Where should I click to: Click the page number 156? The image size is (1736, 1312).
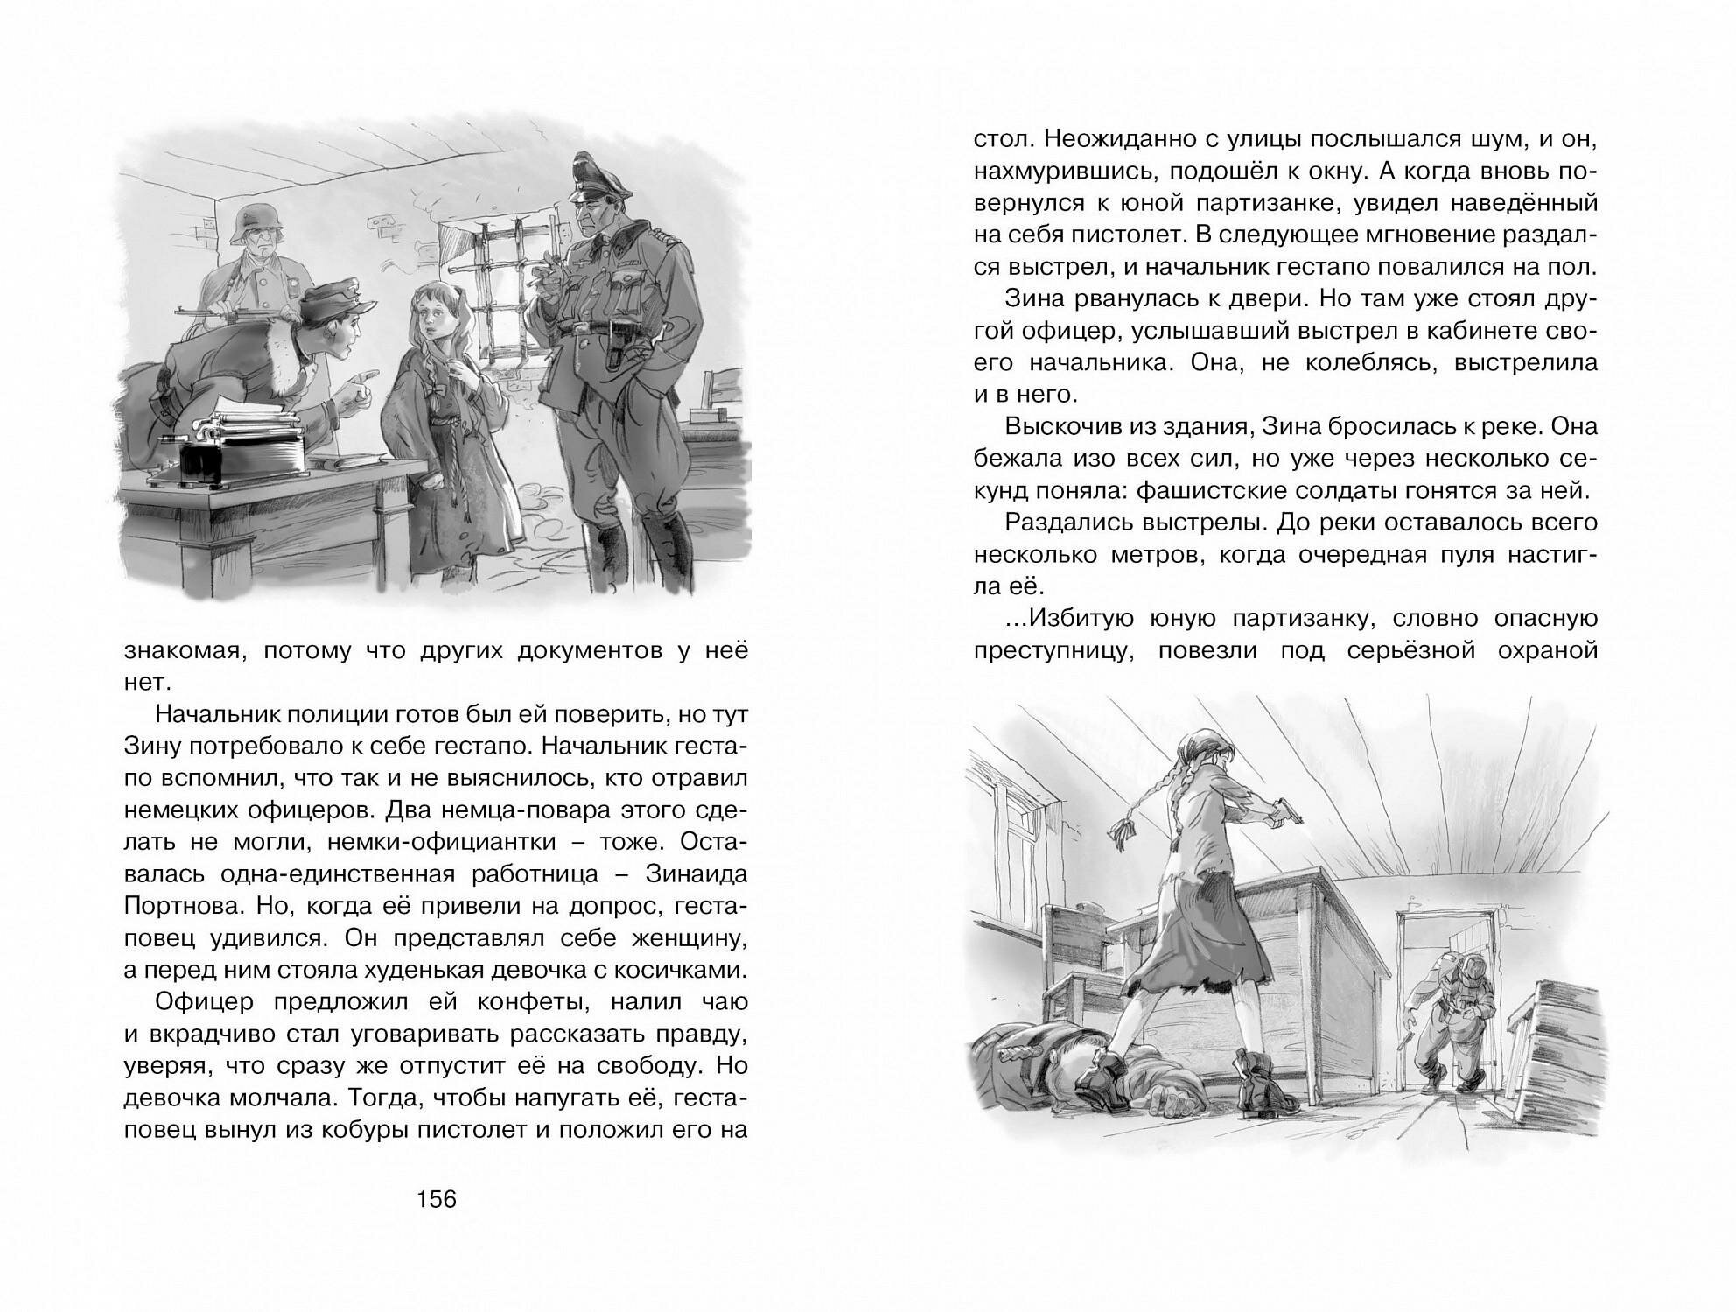pyautogui.click(x=437, y=1198)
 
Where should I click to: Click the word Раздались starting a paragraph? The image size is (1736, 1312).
pyautogui.click(x=1070, y=522)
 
